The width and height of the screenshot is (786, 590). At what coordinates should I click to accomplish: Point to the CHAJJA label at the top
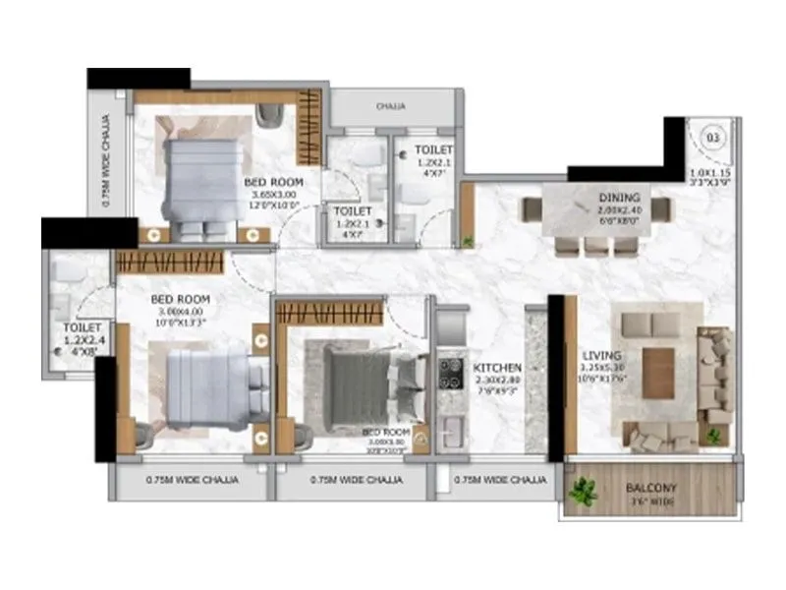tap(391, 106)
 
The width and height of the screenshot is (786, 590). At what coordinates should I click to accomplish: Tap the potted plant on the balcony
tap(586, 491)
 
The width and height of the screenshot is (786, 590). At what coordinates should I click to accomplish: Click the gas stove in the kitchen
tap(451, 372)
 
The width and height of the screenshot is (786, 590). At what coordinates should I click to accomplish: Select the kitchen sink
tap(453, 430)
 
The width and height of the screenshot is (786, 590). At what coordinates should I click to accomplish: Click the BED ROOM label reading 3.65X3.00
tap(273, 182)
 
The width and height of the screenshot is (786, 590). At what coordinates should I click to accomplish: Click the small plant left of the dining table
tap(469, 239)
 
